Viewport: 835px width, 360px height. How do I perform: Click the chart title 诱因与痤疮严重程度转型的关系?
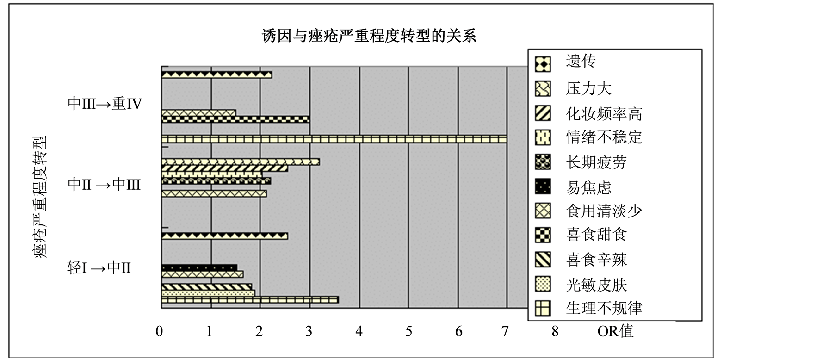369,36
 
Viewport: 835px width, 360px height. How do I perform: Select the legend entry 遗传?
581,61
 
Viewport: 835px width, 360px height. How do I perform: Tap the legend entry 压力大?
588,88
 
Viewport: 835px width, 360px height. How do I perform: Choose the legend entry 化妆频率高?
604,113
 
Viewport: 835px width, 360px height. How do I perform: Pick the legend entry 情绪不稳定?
604,137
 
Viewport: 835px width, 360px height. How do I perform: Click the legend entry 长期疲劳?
596,162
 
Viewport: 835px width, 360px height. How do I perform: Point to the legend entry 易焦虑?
588,187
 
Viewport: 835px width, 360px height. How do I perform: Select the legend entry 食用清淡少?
604,211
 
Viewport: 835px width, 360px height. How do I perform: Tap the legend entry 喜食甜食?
596,235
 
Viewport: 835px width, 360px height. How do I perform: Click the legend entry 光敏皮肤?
596,285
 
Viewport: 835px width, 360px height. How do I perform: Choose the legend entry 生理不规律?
604,308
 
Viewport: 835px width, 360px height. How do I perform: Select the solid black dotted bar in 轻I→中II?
199,267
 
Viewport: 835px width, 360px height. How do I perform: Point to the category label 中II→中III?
104,185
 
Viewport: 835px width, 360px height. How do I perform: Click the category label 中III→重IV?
105,104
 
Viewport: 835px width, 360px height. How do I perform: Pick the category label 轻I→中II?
99,267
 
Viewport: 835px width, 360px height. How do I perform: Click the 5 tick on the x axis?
408,332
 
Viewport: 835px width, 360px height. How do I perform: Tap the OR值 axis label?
615,331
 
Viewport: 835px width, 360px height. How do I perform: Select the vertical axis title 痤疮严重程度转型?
41,196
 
